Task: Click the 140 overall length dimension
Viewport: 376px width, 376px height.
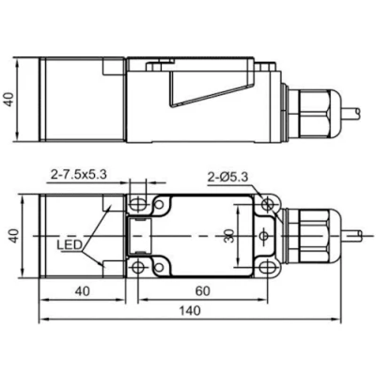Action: point(189,311)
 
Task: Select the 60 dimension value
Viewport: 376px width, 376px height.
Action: point(202,291)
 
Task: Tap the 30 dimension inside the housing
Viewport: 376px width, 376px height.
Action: point(229,236)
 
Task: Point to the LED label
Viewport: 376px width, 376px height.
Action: point(70,244)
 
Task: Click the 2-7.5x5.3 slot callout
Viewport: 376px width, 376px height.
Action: point(79,174)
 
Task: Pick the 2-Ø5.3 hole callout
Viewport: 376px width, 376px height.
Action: point(227,178)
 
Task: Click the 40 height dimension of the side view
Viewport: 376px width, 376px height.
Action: point(10,99)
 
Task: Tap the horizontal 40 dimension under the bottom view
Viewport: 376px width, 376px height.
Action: point(82,291)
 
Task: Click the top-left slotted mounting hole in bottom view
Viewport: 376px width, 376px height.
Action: point(137,204)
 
